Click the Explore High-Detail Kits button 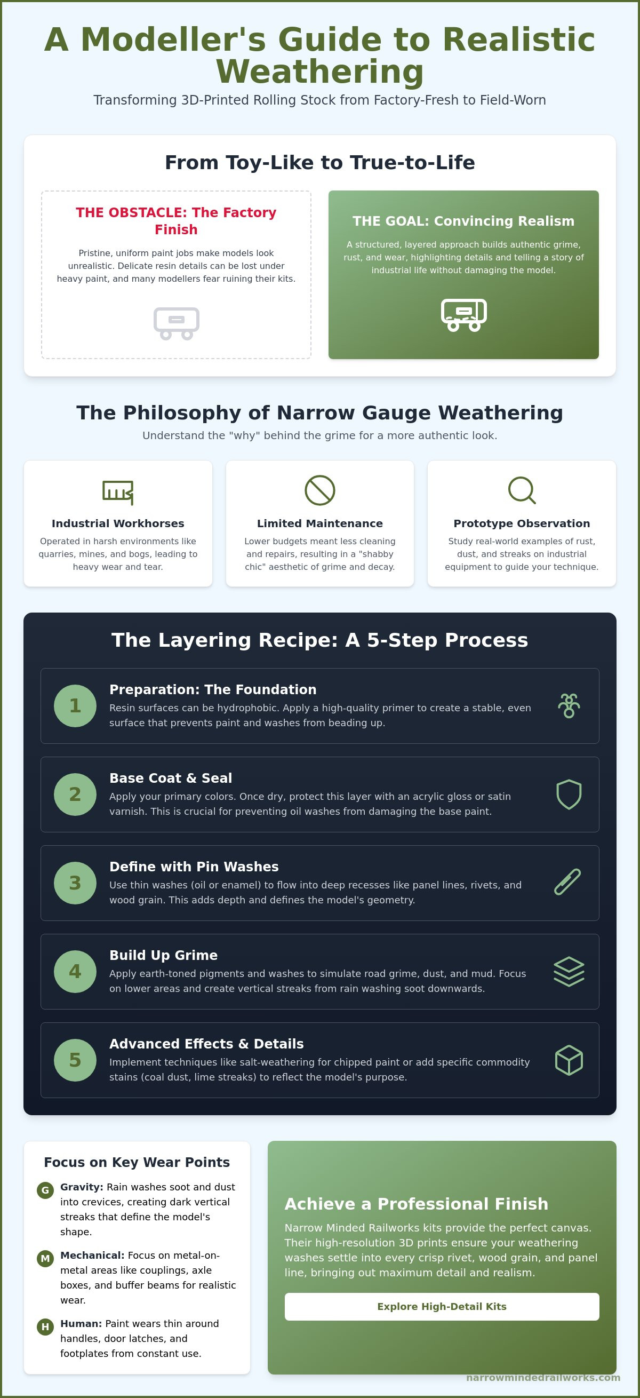pos(442,1306)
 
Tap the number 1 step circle pos(75,705)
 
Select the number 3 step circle pos(75,883)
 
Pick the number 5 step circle pos(75,1060)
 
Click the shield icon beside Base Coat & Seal pos(569,795)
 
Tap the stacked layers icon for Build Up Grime pos(569,972)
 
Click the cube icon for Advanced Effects pos(569,1060)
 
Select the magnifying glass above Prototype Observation pos(522,490)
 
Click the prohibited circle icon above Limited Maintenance pos(320,490)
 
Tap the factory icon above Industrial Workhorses pos(118,491)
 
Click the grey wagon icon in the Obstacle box pos(177,323)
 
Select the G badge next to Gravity pos(45,1190)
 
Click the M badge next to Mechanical pos(45,1259)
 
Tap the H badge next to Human pos(45,1327)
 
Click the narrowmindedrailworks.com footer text pos(543,1377)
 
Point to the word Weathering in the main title pos(320,72)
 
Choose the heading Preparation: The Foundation pos(213,689)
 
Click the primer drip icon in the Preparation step pos(569,705)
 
